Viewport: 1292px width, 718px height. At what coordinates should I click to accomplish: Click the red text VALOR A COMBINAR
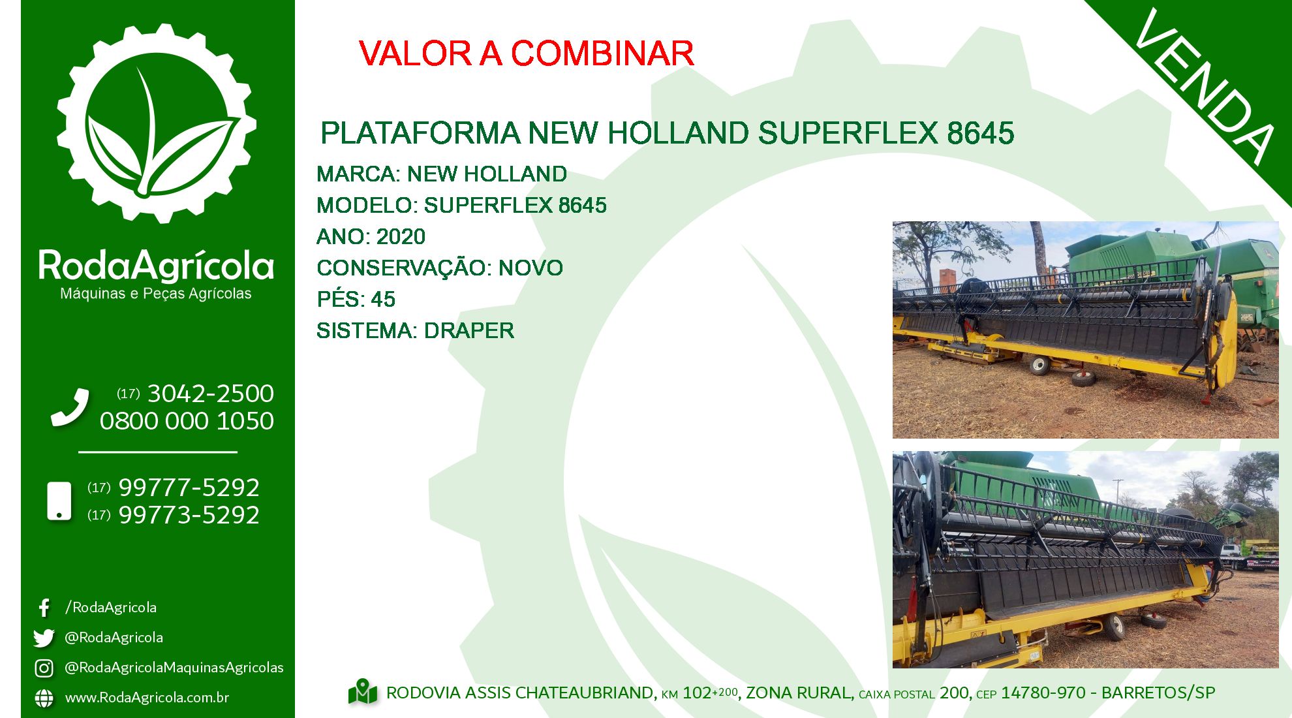pos(526,54)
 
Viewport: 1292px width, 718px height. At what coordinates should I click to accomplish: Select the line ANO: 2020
pos(371,236)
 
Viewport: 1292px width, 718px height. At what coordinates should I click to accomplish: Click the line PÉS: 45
pos(356,299)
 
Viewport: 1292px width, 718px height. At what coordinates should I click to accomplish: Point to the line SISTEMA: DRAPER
pos(415,330)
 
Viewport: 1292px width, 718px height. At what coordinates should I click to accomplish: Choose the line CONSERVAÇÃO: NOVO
pos(439,268)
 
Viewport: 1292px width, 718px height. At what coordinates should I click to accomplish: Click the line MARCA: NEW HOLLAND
pos(441,174)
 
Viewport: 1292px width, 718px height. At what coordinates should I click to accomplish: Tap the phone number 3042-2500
pos(211,394)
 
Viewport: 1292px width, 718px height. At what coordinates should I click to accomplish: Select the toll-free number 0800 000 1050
pos(187,421)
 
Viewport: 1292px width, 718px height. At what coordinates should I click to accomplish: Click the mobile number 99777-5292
pos(189,488)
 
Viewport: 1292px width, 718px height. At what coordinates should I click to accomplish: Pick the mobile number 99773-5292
pos(189,515)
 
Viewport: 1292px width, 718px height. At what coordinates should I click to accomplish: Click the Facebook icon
pos(44,608)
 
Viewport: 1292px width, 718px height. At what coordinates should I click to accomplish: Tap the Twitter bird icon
pos(44,638)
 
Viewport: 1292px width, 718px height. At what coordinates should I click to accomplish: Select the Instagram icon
pos(44,668)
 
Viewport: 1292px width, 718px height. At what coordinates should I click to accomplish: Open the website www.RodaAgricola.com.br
pos(147,697)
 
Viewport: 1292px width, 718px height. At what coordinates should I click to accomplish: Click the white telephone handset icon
pos(70,407)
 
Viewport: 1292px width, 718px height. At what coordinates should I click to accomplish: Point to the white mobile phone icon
pos(59,501)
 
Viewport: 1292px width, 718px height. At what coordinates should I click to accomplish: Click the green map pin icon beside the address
pos(363,692)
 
